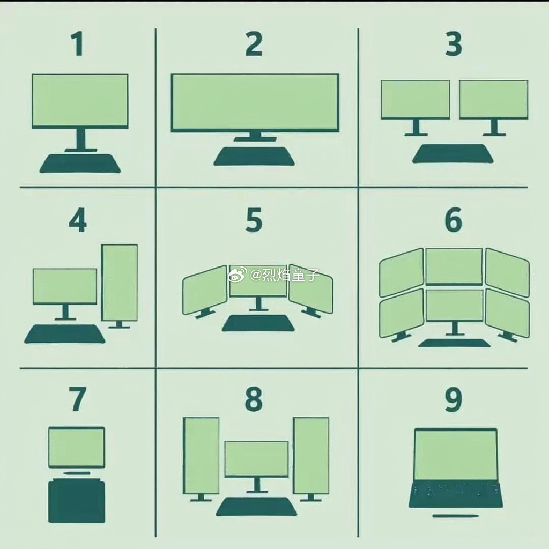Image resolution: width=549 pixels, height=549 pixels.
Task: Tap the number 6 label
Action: coord(454,219)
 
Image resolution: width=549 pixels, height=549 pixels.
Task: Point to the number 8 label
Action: coord(254,399)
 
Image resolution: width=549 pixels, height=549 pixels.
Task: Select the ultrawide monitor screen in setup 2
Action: coord(255,103)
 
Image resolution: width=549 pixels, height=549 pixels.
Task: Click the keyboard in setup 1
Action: coord(80,163)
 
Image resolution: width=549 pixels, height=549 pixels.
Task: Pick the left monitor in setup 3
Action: coord(416,100)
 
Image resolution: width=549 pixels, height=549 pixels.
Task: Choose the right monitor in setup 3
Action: coord(493,100)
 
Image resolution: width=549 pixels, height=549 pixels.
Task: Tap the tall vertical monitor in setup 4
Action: coord(119,283)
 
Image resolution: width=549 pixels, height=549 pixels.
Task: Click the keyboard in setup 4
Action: coord(65,333)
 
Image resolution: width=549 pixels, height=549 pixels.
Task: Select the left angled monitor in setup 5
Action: coord(205,290)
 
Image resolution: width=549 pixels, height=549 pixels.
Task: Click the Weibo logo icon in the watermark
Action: coord(238,275)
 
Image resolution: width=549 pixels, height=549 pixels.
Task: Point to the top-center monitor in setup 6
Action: coord(454,266)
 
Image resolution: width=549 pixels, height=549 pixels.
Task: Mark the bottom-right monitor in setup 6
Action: coord(507,313)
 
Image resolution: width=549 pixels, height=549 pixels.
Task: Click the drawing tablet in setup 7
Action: coord(76,502)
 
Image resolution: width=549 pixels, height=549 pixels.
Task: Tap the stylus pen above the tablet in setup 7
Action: coord(76,473)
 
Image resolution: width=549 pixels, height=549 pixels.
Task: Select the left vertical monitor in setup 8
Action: coord(202,456)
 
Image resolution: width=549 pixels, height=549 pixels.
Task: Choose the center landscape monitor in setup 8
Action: coord(257,459)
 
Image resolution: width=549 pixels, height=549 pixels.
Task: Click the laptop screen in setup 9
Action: coord(456,455)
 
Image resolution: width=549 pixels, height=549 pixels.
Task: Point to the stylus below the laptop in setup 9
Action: coord(456,516)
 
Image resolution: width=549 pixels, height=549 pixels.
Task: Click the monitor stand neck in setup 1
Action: coord(81,139)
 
